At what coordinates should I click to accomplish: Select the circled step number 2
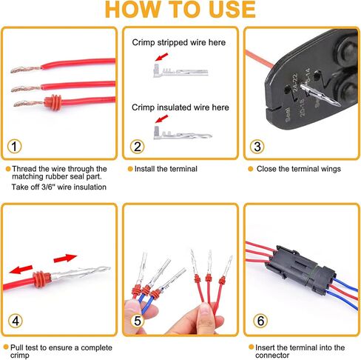[138, 146]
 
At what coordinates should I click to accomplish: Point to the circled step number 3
[257, 146]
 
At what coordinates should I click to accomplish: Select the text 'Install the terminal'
[166, 169]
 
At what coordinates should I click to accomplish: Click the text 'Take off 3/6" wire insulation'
[58, 187]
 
